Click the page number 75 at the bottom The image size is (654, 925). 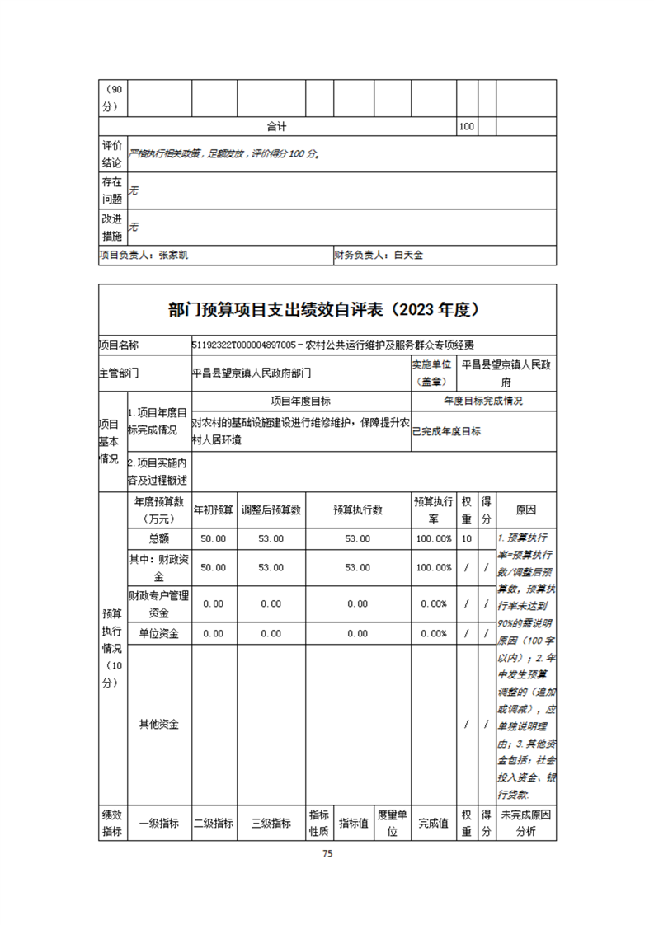coord(327,853)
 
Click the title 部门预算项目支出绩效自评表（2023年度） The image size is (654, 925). coord(327,310)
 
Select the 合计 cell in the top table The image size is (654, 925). coord(276,127)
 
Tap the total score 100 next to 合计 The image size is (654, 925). coord(466,127)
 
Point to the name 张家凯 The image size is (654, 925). coord(173,256)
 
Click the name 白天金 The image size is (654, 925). coord(408,256)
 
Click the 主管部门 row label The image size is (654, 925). coord(119,373)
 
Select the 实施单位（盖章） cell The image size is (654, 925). coord(431,373)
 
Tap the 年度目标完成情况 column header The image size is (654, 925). coord(483,401)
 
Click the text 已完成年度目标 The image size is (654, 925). coord(447,430)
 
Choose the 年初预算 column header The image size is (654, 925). coord(214,510)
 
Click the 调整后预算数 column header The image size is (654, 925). coord(271,510)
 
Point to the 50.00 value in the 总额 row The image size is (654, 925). coord(214,538)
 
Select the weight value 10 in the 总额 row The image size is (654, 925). coord(466,538)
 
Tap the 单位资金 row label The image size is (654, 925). coord(158,633)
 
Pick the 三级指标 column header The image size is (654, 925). coord(271,823)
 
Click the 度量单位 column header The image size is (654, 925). coord(393,823)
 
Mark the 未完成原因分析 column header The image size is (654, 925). coord(525,823)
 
